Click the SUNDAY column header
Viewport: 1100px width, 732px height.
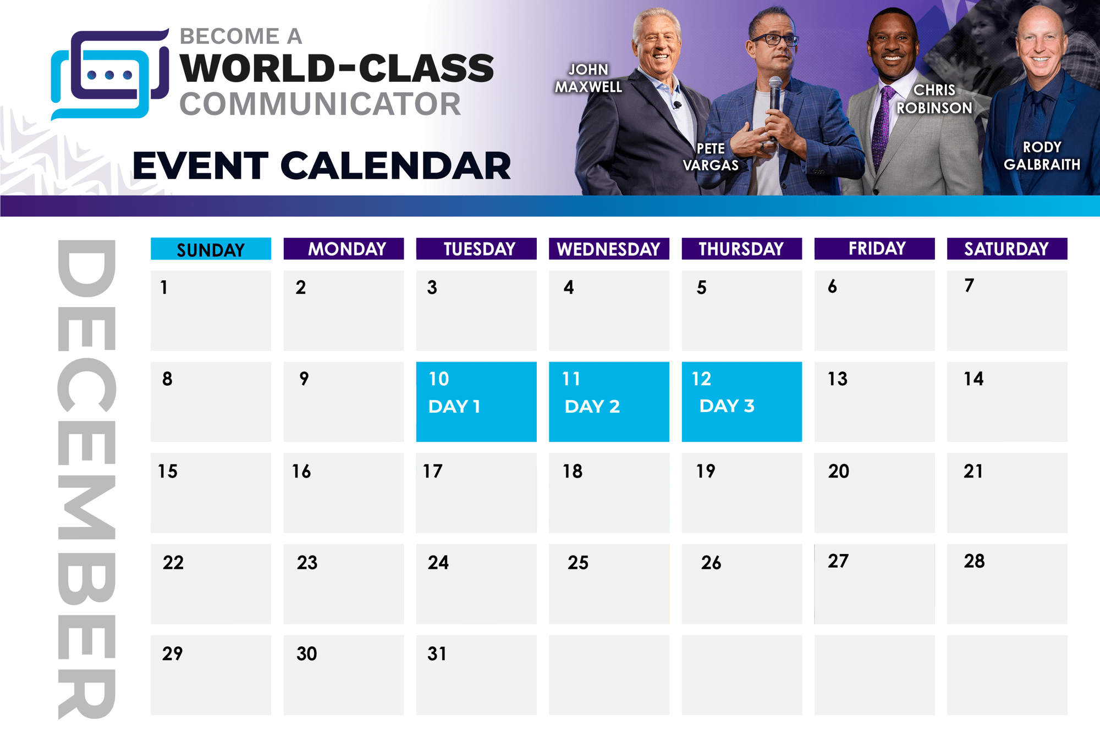211,249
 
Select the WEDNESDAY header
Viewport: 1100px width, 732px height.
609,249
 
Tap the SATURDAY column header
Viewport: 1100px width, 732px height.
1007,249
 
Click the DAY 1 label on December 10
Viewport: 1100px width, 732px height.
454,407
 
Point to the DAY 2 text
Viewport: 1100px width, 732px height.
592,407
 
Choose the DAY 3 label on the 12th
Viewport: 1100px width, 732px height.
727,406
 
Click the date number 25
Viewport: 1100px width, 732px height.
578,563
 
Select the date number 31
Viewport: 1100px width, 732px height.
437,654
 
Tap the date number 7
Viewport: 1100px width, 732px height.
969,286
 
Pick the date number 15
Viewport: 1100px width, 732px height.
168,472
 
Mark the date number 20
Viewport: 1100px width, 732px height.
839,472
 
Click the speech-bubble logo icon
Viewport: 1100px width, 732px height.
109,74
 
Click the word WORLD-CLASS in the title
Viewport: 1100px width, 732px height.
337,68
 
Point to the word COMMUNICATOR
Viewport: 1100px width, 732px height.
320,104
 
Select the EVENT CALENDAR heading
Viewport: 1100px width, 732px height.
322,166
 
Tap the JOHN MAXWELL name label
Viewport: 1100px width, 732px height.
588,78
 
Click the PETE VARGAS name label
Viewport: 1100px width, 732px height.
711,157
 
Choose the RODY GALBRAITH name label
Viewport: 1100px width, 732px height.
1042,156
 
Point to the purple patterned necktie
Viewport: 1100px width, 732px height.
881,126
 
